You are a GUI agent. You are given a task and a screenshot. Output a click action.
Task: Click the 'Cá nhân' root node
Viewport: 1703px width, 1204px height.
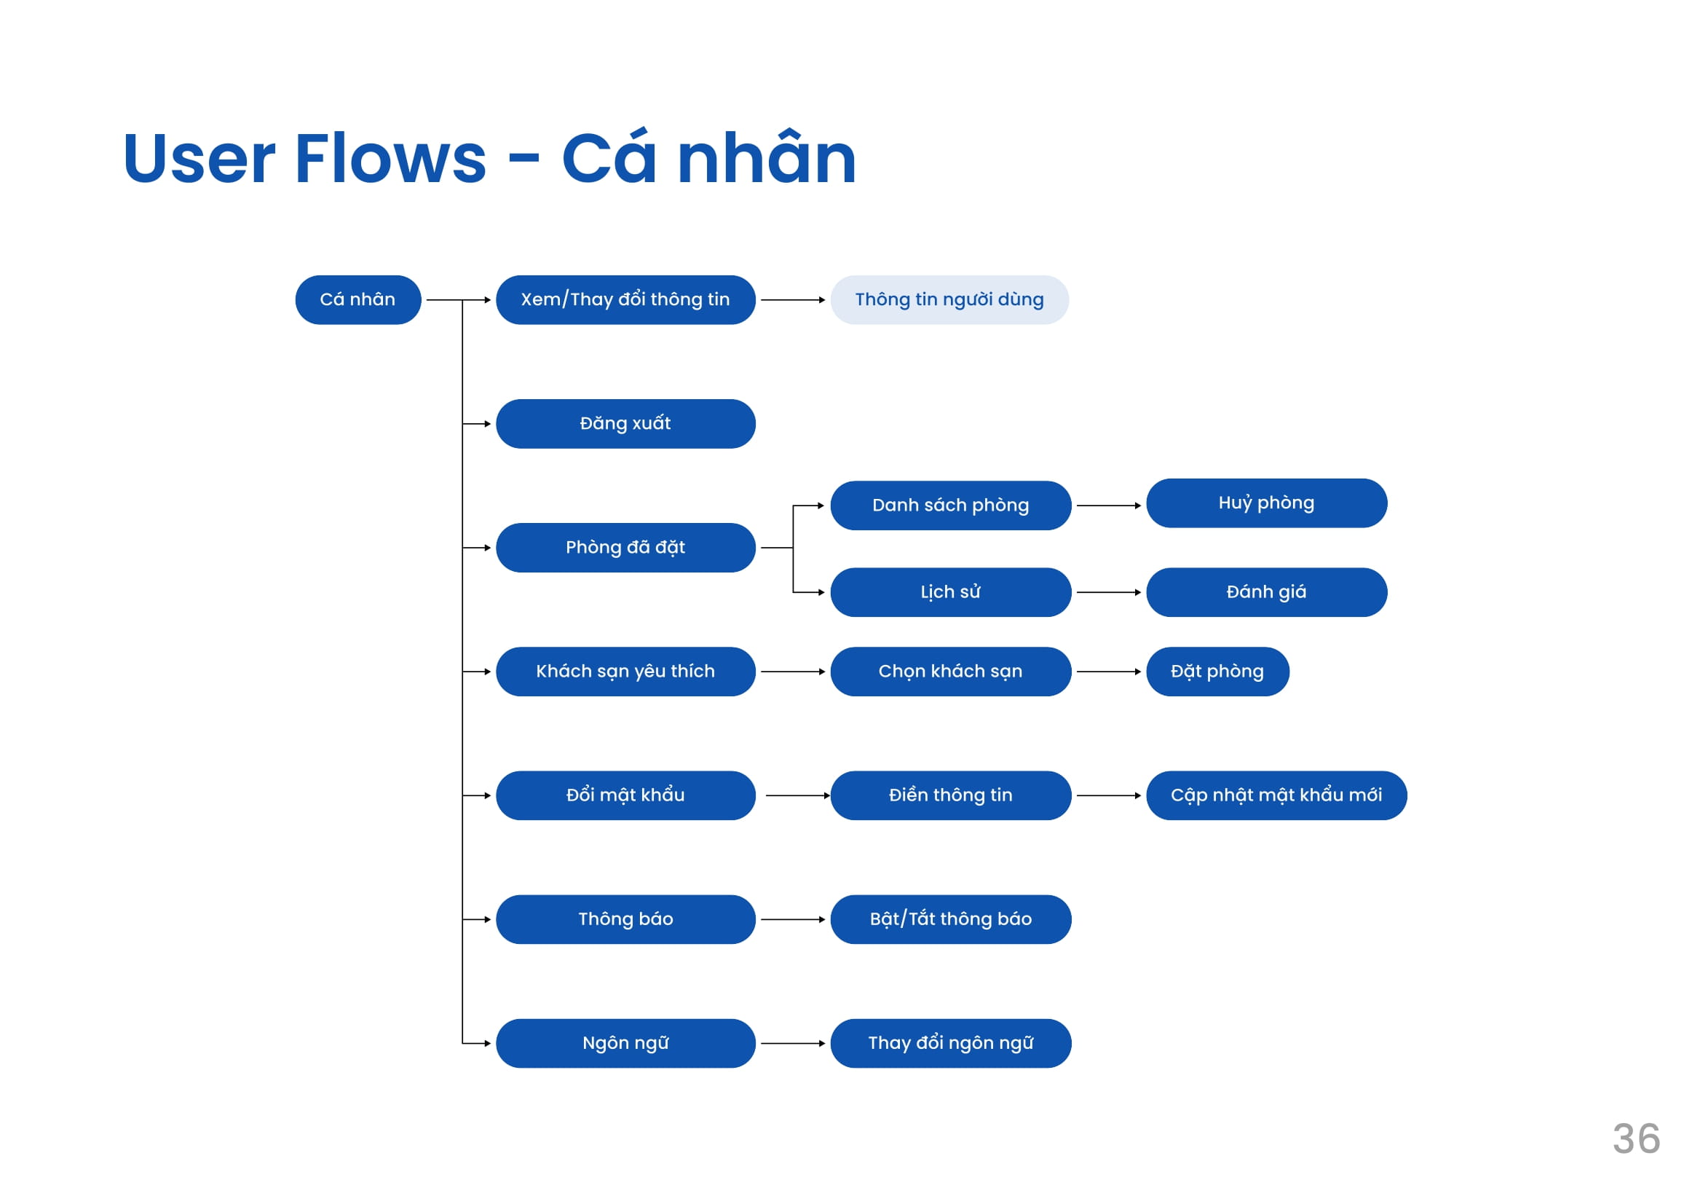click(x=358, y=299)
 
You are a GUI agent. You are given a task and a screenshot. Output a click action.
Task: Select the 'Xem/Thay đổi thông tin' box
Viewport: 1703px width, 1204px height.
click(x=625, y=299)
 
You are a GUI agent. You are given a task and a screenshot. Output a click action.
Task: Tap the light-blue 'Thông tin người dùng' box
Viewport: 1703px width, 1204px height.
click(x=949, y=299)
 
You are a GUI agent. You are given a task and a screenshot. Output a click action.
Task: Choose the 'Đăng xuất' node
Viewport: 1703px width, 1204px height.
click(x=625, y=424)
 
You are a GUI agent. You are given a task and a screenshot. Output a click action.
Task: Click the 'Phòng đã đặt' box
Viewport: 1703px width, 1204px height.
click(x=625, y=548)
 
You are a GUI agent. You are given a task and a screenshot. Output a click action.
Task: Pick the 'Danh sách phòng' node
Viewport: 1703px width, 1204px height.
click(x=951, y=505)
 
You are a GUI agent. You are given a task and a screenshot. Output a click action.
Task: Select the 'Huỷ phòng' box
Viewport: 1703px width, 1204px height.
click(x=1267, y=503)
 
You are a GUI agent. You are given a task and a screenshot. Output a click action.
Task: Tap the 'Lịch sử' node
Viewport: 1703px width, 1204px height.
click(x=951, y=592)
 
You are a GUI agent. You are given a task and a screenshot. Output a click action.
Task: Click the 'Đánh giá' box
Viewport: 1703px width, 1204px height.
click(x=1267, y=592)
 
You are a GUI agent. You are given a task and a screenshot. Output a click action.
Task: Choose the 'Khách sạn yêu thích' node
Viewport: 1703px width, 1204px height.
click(x=625, y=672)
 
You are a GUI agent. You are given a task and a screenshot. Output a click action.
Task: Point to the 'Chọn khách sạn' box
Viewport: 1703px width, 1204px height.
click(x=951, y=672)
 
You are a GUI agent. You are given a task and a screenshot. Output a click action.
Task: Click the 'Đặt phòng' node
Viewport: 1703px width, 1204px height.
click(x=1218, y=672)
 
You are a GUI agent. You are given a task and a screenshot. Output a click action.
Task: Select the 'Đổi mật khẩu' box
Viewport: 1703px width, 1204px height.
click(x=625, y=795)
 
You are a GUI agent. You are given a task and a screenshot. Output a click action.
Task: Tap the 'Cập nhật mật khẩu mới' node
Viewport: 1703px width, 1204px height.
click(x=1276, y=795)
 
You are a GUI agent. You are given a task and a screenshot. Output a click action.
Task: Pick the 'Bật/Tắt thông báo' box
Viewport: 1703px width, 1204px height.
click(x=951, y=919)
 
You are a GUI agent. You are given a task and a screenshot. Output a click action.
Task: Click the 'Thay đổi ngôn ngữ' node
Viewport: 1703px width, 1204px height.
click(x=951, y=1043)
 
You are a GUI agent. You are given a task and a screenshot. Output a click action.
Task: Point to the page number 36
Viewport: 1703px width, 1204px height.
click(x=1636, y=1138)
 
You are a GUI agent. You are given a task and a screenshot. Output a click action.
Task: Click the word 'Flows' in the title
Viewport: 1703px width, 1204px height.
click(x=391, y=158)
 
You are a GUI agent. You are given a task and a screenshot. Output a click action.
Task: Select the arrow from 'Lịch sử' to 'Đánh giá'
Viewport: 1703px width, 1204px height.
click(x=1109, y=592)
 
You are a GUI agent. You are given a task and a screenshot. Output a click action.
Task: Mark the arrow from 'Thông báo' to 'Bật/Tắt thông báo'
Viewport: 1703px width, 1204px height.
click(x=793, y=919)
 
